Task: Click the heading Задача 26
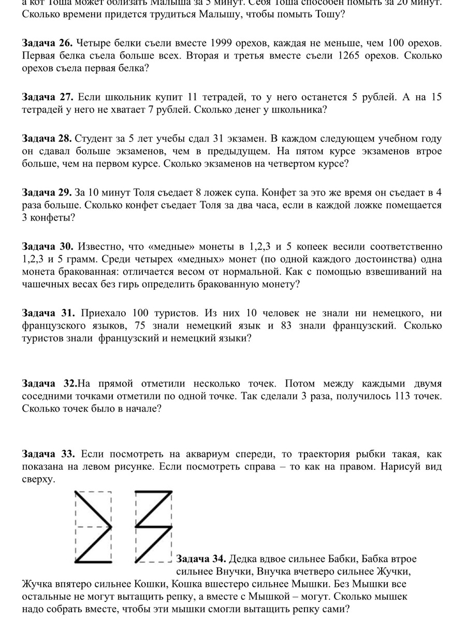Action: [47, 42]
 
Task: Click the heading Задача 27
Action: [47, 97]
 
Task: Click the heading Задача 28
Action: [47, 139]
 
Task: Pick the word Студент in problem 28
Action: [92, 139]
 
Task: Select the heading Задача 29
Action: [47, 193]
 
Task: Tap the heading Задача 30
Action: [47, 245]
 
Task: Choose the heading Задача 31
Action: [47, 313]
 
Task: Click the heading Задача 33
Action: [47, 454]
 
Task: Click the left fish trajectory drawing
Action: [94, 527]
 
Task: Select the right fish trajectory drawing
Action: [153, 527]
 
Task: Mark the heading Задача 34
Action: [200, 559]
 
